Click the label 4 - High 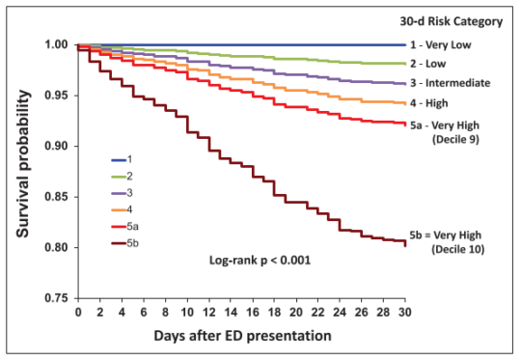coord(439,102)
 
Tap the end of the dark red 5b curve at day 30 coord(404,244)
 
